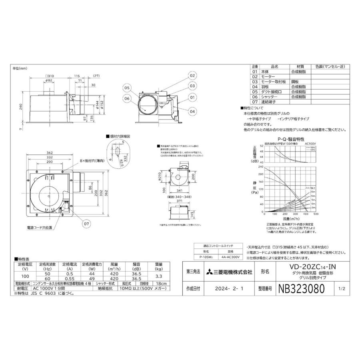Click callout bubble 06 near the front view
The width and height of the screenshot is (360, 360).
point(127,98)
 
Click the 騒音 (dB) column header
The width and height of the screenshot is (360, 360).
point(137,266)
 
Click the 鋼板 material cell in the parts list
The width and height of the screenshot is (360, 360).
point(294,81)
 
